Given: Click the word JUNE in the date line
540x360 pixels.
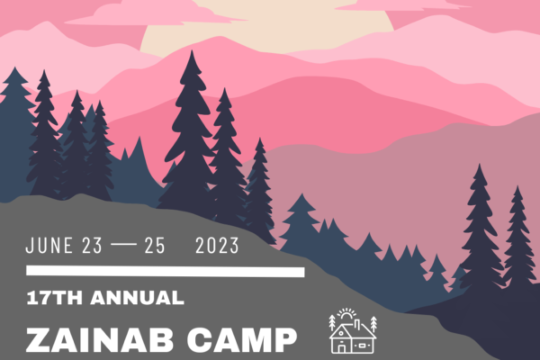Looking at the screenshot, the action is [x=49, y=246].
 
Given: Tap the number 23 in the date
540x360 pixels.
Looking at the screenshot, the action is [x=93, y=246].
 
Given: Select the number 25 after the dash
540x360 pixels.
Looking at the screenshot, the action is [x=155, y=246].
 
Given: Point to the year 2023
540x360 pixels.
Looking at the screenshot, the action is [x=217, y=246].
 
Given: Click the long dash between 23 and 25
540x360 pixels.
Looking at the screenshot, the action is [x=123, y=245].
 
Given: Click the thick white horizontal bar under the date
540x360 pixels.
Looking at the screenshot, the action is [x=166, y=271].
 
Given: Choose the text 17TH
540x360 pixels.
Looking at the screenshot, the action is [x=55, y=298].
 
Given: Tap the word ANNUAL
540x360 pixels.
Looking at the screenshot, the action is [x=137, y=298].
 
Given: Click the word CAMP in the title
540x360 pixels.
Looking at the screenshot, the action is [x=242, y=340].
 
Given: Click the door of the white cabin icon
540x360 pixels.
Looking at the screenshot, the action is [x=341, y=348].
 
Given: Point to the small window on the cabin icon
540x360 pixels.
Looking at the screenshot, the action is [x=362, y=345].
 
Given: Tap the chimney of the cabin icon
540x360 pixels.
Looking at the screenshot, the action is [x=358, y=324].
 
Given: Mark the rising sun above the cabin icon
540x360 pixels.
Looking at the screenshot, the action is [x=346, y=314].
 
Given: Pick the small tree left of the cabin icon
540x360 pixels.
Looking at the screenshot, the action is [x=332, y=322].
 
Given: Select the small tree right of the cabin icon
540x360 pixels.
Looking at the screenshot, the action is [x=373, y=324].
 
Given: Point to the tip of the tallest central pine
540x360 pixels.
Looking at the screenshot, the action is [x=193, y=50].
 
